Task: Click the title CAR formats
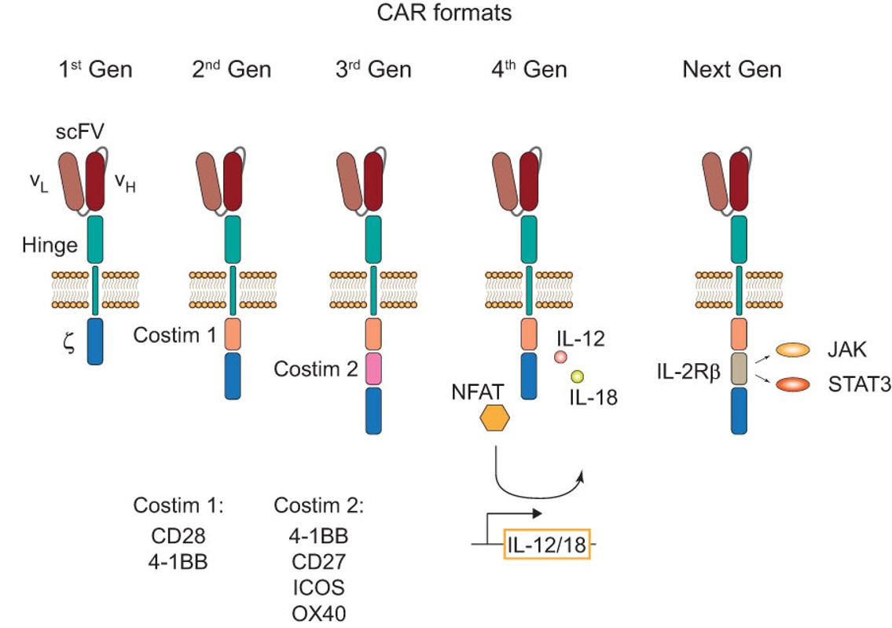click(445, 13)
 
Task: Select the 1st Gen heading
click(95, 69)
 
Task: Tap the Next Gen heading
click(732, 69)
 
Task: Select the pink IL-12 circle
click(561, 357)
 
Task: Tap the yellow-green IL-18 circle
click(578, 376)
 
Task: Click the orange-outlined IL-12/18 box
click(545, 545)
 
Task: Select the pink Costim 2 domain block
click(373, 369)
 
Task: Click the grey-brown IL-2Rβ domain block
click(738, 369)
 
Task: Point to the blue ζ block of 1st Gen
click(94, 340)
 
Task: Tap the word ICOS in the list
click(318, 588)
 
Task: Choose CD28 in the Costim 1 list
click(178, 536)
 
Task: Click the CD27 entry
click(318, 562)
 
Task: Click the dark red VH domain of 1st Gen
click(95, 182)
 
